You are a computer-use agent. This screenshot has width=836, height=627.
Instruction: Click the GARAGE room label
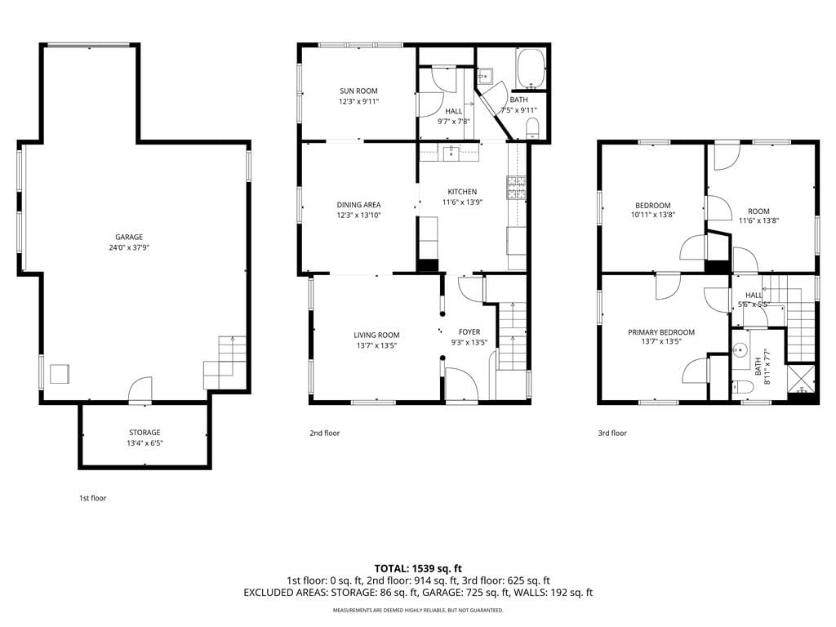click(129, 238)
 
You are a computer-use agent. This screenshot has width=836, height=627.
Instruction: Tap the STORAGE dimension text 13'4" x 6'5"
click(145, 443)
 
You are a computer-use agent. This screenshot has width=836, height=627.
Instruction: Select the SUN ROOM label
click(359, 91)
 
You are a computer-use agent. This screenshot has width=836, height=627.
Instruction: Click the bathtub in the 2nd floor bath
click(530, 69)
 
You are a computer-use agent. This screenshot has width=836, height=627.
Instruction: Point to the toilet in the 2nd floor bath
click(532, 128)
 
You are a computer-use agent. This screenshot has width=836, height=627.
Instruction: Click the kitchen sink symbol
click(451, 153)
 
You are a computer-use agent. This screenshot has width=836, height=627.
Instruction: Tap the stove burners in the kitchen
click(516, 188)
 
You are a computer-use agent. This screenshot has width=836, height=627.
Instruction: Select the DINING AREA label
click(359, 205)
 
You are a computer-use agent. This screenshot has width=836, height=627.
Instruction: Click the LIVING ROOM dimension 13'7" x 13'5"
click(377, 345)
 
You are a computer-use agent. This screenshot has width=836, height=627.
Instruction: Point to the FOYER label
click(469, 332)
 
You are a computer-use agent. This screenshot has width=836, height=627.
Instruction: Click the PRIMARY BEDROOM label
click(661, 332)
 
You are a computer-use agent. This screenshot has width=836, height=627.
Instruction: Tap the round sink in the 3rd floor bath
click(740, 351)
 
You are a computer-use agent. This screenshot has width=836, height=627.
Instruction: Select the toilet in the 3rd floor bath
click(741, 387)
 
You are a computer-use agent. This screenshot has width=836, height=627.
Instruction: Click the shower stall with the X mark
click(802, 379)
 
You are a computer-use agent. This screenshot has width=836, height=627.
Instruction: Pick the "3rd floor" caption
click(612, 433)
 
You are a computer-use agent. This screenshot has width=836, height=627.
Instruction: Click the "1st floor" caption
click(93, 498)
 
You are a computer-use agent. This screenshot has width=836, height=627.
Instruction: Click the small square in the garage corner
click(60, 374)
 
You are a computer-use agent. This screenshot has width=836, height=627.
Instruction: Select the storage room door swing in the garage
click(140, 389)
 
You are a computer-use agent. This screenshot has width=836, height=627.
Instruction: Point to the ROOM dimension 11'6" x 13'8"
click(758, 220)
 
